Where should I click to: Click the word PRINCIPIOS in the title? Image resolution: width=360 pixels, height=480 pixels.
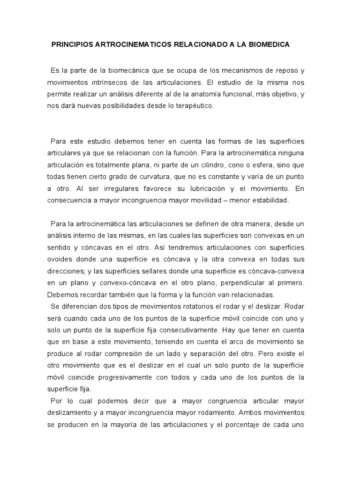point(70,45)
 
